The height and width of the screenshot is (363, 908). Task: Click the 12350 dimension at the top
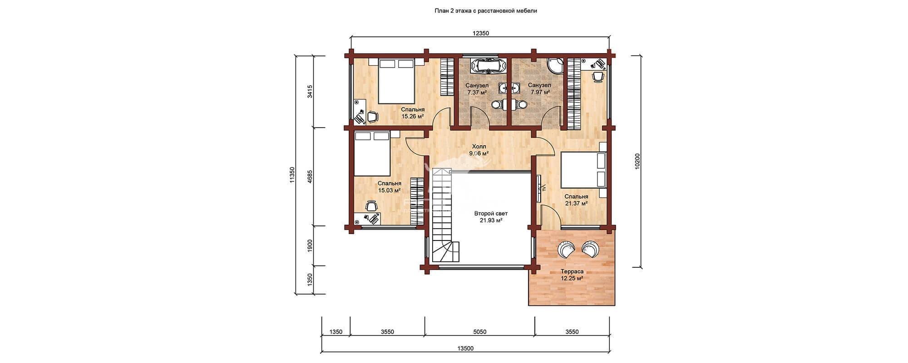click(481, 33)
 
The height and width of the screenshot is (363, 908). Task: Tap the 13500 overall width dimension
click(465, 348)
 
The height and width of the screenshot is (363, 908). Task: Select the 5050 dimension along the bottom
click(480, 332)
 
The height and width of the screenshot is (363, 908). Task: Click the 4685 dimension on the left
click(310, 176)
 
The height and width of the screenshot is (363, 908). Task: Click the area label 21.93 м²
click(491, 221)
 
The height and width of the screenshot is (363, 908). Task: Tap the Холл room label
click(479, 147)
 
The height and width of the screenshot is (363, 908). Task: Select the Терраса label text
click(572, 271)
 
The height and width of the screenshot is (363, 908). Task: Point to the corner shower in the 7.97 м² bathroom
click(554, 67)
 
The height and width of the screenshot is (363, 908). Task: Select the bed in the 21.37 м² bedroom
click(583, 170)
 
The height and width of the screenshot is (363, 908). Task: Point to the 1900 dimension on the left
click(310, 245)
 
